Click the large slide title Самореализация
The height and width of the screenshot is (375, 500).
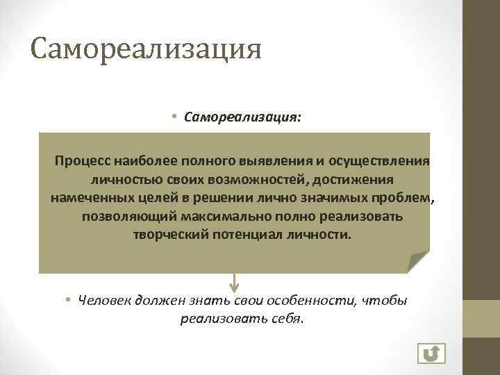point(146,50)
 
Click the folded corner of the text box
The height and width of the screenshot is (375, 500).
point(418,262)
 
